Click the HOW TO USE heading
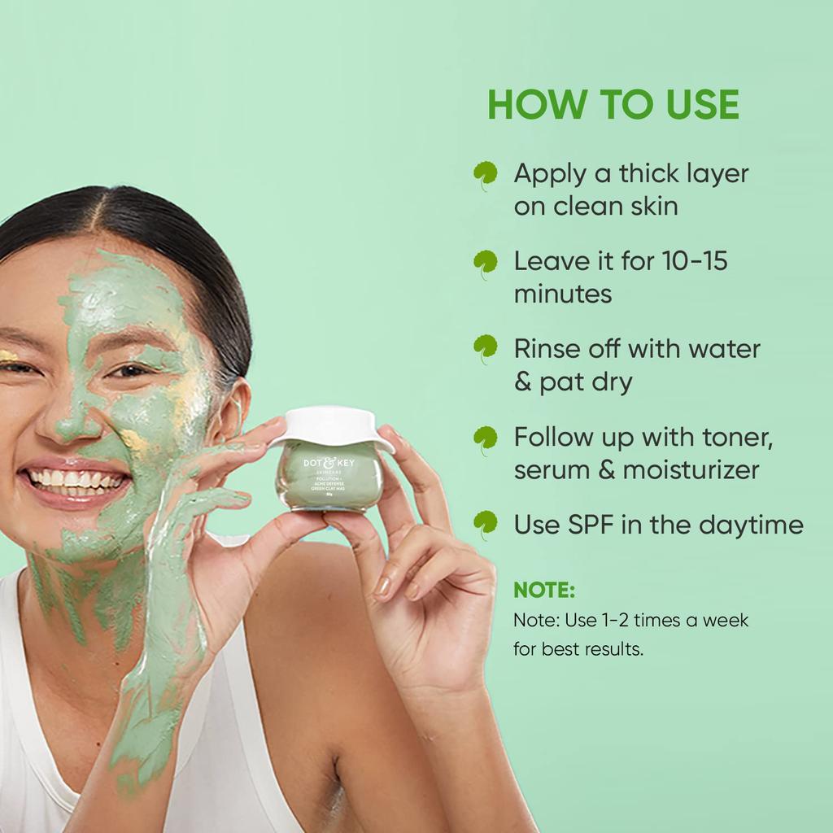[x=613, y=106]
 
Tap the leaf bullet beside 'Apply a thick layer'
[x=486, y=175]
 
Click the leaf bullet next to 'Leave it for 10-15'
[x=486, y=263]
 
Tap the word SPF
[x=586, y=525]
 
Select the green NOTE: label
[x=544, y=590]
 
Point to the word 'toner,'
[x=729, y=438]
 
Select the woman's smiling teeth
[x=77, y=482]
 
